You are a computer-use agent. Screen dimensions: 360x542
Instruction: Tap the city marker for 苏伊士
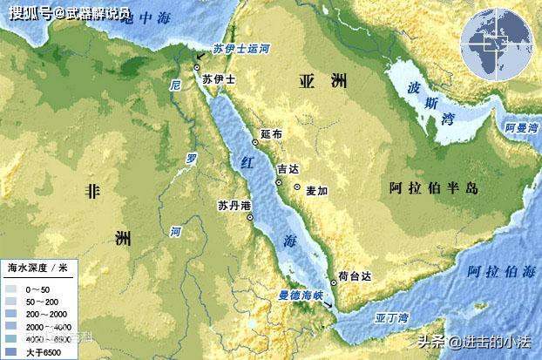(x=198, y=67)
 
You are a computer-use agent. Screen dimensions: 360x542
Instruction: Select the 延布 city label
(x=272, y=135)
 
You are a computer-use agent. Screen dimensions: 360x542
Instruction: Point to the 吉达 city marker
(x=279, y=183)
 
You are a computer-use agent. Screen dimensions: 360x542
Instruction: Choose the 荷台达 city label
(x=355, y=276)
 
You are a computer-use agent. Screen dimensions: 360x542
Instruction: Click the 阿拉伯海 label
(x=500, y=271)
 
